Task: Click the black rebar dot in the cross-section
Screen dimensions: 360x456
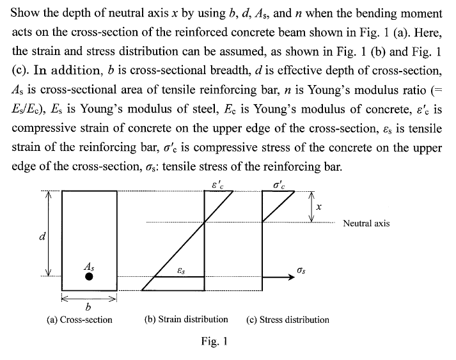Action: point(90,277)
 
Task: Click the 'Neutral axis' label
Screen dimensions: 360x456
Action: point(366,223)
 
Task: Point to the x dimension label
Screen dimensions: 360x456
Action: point(318,207)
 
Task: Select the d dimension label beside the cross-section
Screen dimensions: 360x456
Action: point(42,236)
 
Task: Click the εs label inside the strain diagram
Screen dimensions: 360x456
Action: point(181,271)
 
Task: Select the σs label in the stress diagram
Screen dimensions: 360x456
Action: point(302,271)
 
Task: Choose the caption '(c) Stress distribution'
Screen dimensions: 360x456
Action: point(287,319)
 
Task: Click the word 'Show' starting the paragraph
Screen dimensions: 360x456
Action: point(26,13)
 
